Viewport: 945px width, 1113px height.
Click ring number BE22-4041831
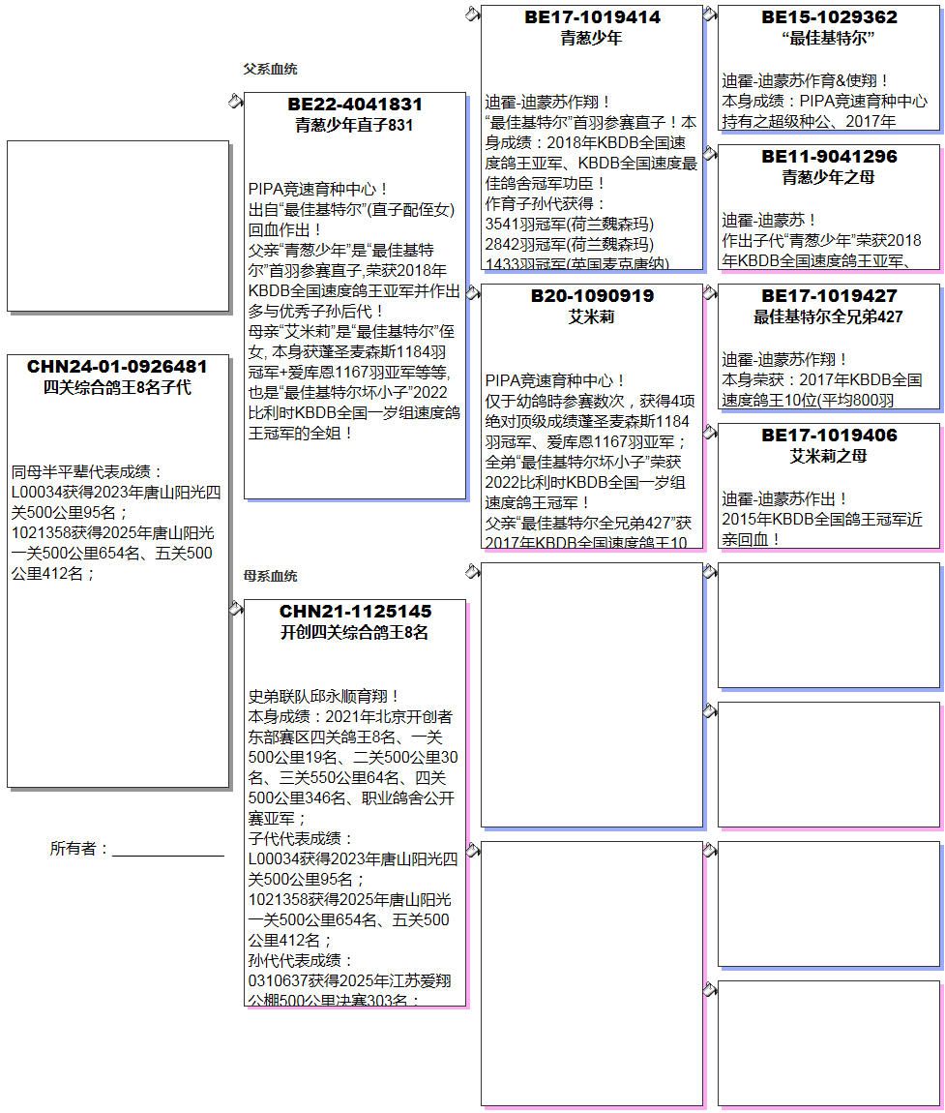click(355, 105)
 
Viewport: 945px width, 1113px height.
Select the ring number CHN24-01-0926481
click(117, 367)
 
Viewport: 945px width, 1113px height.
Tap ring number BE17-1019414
click(592, 17)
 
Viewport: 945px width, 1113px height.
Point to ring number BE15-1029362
click(829, 17)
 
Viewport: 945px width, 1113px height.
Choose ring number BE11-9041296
click(829, 157)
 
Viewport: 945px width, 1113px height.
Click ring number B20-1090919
click(592, 296)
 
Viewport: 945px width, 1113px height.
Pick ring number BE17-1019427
click(829, 296)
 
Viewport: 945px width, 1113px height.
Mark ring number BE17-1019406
click(829, 436)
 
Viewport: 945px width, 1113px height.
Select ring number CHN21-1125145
click(355, 612)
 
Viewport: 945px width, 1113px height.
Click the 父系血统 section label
click(270, 70)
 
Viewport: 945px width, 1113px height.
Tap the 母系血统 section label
click(270, 577)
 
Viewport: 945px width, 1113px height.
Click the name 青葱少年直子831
click(355, 125)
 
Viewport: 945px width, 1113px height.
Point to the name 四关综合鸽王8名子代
click(117, 387)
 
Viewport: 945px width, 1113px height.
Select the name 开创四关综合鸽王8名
click(355, 632)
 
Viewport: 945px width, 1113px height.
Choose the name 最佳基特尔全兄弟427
click(829, 316)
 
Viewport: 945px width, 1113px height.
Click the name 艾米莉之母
click(829, 456)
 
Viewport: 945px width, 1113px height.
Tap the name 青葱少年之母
click(829, 177)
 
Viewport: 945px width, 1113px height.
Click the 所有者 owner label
click(79, 849)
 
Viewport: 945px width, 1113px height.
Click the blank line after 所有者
click(168, 852)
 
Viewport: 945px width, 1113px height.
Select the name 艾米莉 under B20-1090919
click(592, 316)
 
